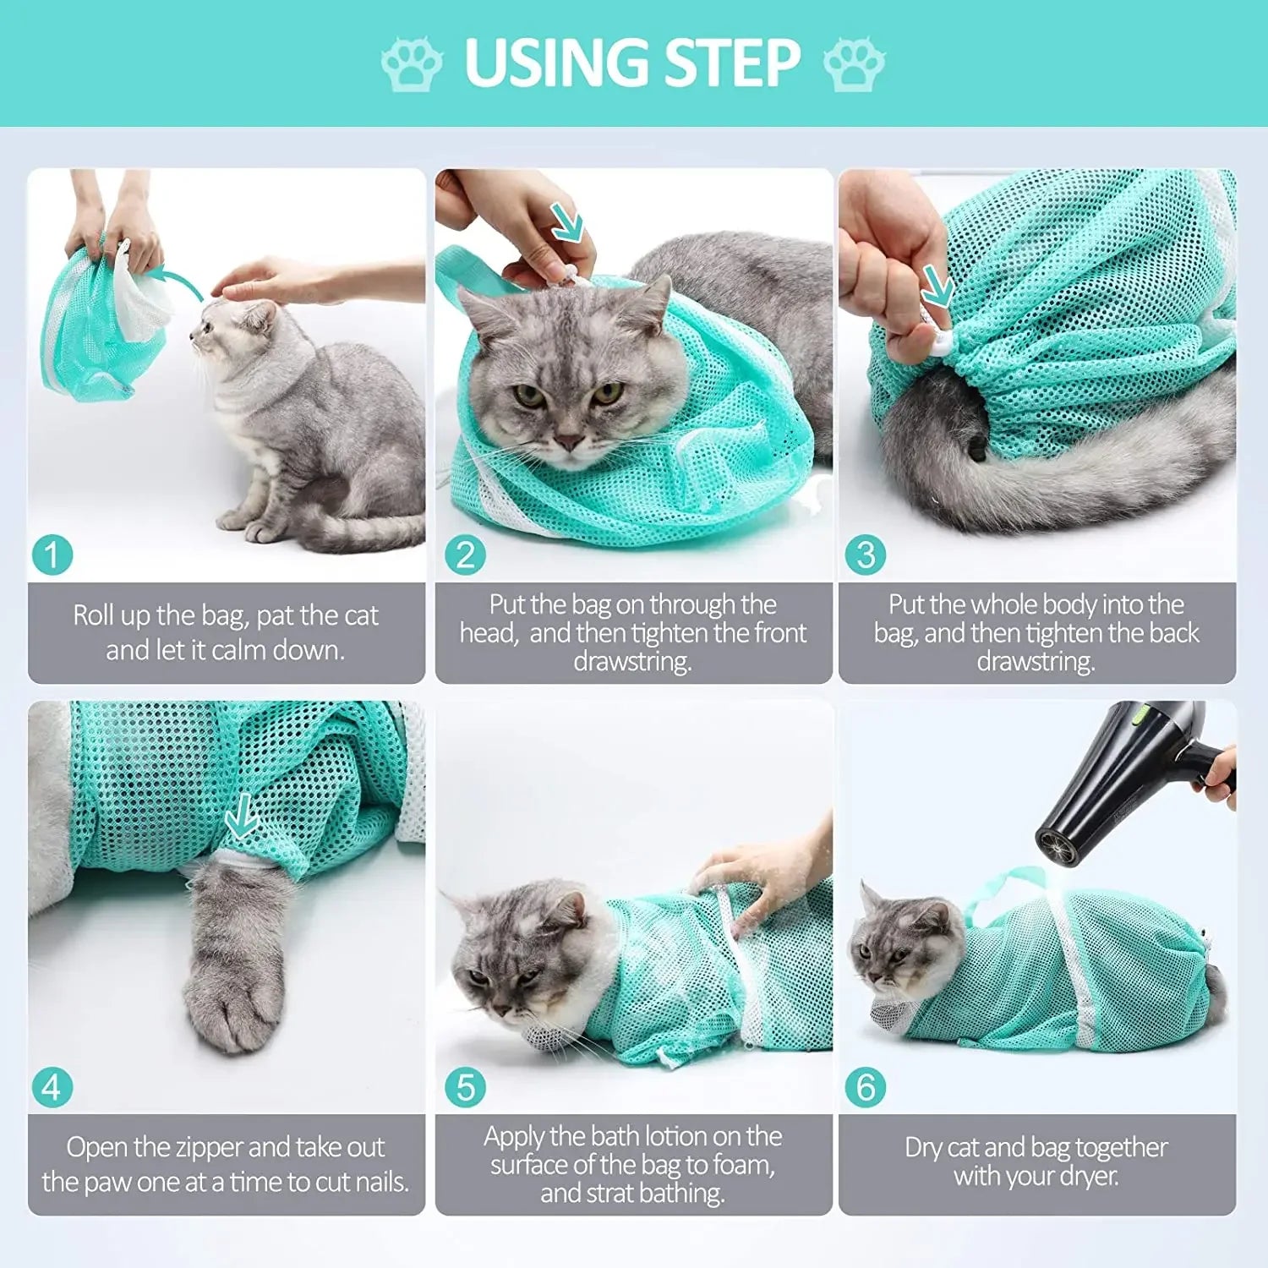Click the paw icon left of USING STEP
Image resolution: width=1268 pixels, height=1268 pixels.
(412, 63)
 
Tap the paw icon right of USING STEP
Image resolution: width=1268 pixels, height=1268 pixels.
(854, 63)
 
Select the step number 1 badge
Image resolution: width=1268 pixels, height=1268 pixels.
(52, 555)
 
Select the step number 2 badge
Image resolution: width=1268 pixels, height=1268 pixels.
(466, 555)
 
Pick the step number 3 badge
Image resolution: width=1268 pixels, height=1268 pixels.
(866, 555)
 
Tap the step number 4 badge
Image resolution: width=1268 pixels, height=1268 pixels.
(52, 1087)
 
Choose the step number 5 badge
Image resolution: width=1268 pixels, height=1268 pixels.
(466, 1087)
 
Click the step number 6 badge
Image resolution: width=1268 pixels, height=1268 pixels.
(866, 1087)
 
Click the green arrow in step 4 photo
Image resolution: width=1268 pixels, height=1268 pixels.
(243, 817)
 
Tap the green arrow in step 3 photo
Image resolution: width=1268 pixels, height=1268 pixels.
(937, 286)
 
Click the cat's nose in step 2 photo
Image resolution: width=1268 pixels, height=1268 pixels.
(568, 442)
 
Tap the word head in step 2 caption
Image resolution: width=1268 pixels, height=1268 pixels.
(488, 633)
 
